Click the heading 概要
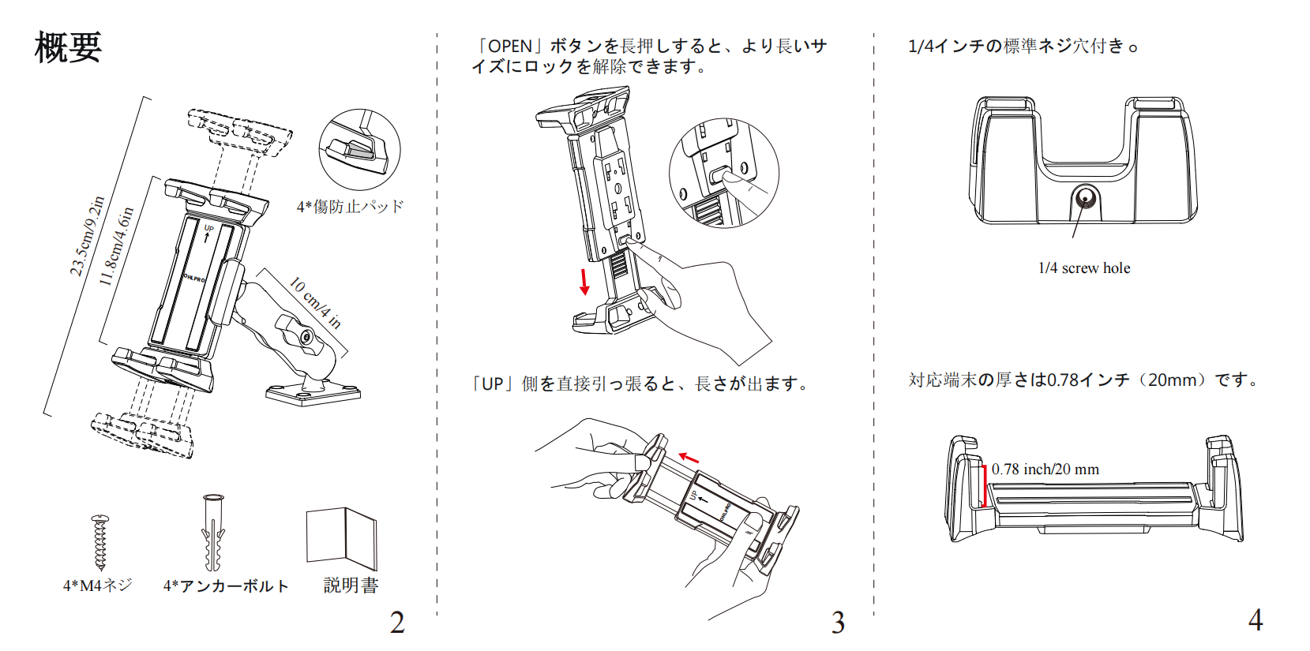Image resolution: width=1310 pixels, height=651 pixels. click(68, 47)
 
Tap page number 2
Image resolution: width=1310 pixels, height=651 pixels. click(397, 623)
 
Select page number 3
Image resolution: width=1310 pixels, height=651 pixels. click(838, 623)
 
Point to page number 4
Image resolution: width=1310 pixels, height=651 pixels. click(1255, 619)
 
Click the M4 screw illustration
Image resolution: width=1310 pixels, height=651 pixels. click(99, 542)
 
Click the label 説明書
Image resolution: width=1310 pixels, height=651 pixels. click(351, 586)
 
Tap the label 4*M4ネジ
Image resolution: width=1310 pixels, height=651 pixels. click(98, 586)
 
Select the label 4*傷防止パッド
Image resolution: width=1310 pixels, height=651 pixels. click(350, 207)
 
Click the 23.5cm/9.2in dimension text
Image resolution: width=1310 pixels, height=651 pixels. click(87, 236)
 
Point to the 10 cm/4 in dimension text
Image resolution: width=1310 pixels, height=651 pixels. click(315, 302)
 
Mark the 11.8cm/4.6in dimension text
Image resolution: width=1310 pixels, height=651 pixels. click(116, 247)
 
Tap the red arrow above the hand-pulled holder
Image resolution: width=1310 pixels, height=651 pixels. click(689, 458)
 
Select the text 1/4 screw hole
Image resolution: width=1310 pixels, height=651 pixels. click(1083, 268)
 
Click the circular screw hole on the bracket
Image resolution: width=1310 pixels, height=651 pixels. click(1085, 198)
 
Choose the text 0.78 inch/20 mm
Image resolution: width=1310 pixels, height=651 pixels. click(1045, 470)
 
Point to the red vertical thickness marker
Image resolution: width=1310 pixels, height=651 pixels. click(985, 486)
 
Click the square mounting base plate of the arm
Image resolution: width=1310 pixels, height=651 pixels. click(313, 392)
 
